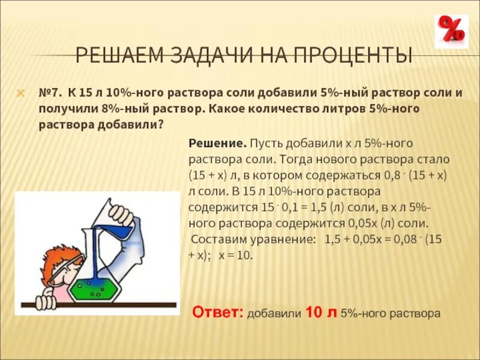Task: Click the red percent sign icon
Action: pos(451,31)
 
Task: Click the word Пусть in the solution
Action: pos(268,144)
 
